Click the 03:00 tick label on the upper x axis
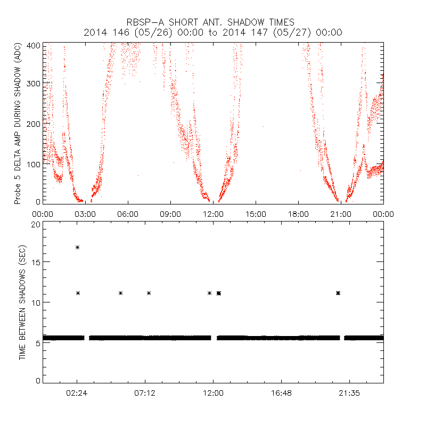(x=85, y=214)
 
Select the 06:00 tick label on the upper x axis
(x=128, y=214)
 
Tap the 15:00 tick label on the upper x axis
(x=256, y=214)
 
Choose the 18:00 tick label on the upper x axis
(x=298, y=214)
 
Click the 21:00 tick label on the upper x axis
(x=341, y=214)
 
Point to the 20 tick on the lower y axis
(x=35, y=225)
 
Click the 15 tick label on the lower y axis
(x=35, y=262)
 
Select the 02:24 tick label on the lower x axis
(x=77, y=394)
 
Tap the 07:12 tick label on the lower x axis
(x=145, y=394)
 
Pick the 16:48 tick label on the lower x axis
(x=281, y=394)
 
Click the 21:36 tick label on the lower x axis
(x=349, y=394)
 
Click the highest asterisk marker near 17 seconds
(x=78, y=247)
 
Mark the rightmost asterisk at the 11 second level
(x=338, y=293)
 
